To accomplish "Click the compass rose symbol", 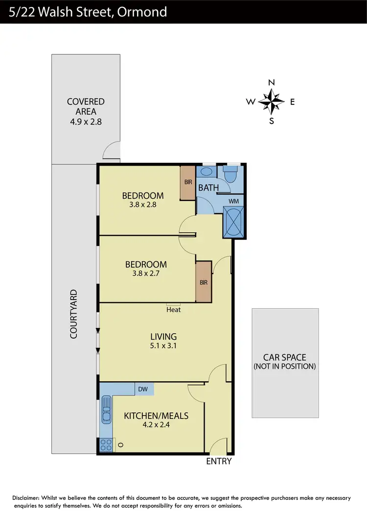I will (x=272, y=101).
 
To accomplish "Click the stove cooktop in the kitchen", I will (x=105, y=445).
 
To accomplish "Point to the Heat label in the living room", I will (x=173, y=309).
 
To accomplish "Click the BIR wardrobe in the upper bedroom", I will (x=188, y=182).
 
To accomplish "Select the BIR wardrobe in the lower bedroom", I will (x=203, y=282).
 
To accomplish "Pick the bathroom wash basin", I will (x=206, y=172).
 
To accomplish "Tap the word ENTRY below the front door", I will (x=219, y=461).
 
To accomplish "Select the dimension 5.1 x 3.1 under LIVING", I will (x=163, y=346).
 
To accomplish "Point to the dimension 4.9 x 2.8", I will (x=86, y=121).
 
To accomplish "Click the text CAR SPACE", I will (x=284, y=357).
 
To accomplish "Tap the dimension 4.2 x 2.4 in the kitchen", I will (x=156, y=425).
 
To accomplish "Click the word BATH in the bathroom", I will (x=207, y=187).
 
